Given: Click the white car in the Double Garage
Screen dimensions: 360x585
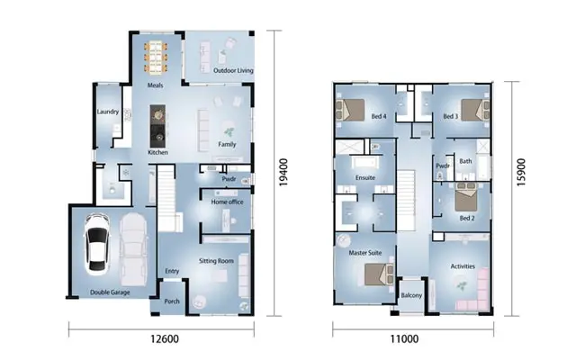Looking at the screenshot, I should point(96,245).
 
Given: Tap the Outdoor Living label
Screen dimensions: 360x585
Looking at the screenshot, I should point(232,69).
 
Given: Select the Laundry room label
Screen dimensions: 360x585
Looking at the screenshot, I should point(108,112).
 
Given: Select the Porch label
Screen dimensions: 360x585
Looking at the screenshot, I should point(172,301).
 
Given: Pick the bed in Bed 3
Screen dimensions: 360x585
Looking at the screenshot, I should point(474,111).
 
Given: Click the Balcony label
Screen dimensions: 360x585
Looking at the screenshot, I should point(409,295).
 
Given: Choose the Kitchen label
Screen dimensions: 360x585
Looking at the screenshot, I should point(158,153).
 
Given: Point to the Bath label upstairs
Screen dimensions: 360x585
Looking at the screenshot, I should point(465,162).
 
